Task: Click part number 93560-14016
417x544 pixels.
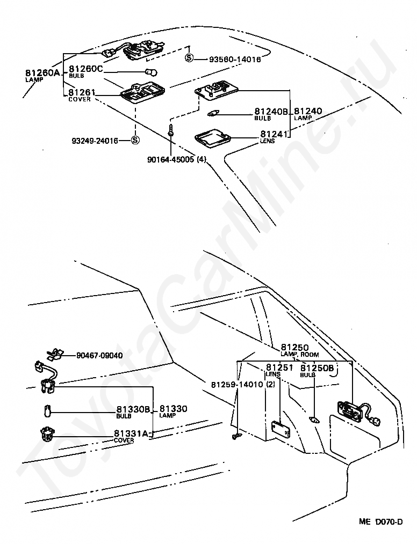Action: coord(235,60)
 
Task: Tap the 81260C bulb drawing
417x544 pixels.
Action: coord(151,72)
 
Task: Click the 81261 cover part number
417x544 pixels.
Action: coord(82,93)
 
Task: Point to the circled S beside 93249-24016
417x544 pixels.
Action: coord(135,140)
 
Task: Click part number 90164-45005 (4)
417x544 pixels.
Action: coord(177,159)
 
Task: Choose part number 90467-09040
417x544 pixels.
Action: coord(99,356)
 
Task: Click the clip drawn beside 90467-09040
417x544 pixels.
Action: coord(55,354)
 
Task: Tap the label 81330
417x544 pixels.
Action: coord(174,409)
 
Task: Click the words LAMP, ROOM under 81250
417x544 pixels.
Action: coord(300,355)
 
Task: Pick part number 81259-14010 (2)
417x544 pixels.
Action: coord(243,385)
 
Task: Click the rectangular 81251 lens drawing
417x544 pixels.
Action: coord(281,430)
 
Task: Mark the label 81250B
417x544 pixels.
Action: coord(317,368)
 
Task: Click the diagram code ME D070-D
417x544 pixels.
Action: coord(381,532)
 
